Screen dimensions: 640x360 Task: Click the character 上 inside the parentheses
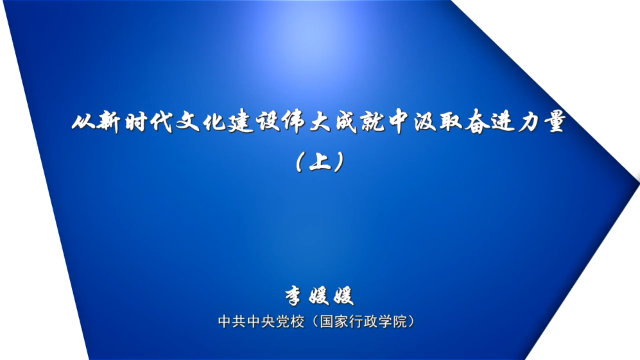tap(320, 162)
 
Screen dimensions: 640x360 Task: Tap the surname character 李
tap(294, 296)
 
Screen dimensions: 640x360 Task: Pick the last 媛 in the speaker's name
tap(343, 296)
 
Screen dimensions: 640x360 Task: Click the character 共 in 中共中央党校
tap(239, 321)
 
